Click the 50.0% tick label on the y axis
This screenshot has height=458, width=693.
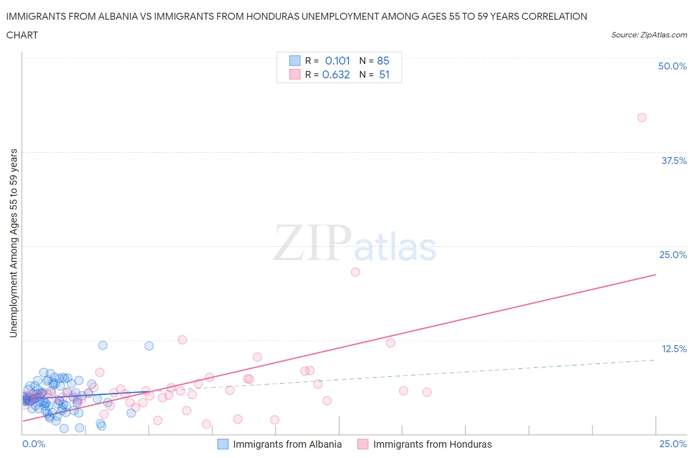(x=672, y=66)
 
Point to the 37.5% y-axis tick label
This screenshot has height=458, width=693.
(x=674, y=161)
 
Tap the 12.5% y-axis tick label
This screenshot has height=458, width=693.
(x=674, y=349)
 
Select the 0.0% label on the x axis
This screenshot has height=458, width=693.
(x=34, y=444)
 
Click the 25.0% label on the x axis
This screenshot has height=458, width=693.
(x=673, y=444)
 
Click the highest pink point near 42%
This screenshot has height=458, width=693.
(x=642, y=117)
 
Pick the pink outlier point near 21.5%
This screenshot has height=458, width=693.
(x=355, y=272)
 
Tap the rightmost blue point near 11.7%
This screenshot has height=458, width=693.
(x=149, y=346)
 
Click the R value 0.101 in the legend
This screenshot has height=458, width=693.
(x=337, y=61)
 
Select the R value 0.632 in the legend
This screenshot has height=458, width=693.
(x=336, y=74)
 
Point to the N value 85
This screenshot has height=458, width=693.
(x=383, y=61)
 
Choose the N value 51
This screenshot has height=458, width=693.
(x=384, y=74)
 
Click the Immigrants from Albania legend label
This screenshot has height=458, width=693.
(x=287, y=444)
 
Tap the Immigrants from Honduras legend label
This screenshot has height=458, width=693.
(x=432, y=444)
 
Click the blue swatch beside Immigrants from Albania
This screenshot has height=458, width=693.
(x=223, y=444)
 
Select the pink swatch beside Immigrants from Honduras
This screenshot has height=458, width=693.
(x=363, y=444)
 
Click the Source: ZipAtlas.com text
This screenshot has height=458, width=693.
(x=649, y=34)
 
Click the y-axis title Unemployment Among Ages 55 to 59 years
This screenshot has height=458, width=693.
(x=13, y=243)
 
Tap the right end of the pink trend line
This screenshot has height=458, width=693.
(x=656, y=274)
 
